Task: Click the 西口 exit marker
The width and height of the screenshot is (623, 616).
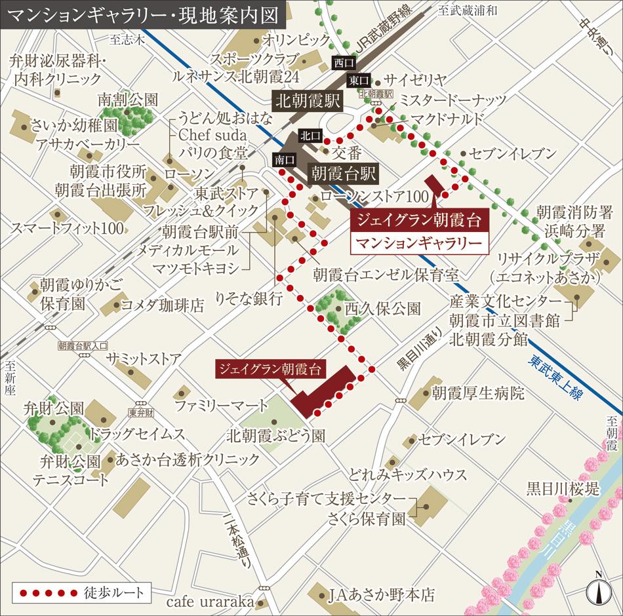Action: [343, 63]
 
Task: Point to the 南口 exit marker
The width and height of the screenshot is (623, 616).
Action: [283, 159]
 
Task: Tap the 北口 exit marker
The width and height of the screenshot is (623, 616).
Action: [309, 136]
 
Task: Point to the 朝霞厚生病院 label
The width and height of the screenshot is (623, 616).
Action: [478, 393]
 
